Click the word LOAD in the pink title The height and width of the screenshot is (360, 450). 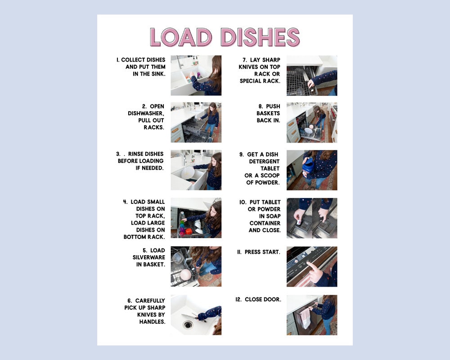(x=180, y=37)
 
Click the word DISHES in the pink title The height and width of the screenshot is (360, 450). (x=260, y=37)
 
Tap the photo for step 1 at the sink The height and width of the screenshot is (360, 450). (x=196, y=75)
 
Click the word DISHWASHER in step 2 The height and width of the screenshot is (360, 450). (x=146, y=113)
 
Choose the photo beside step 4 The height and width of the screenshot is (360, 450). (x=196, y=218)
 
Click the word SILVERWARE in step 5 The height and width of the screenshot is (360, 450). (x=148, y=257)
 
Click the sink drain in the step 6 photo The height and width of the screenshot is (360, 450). (x=188, y=324)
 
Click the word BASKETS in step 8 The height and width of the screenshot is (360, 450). (x=268, y=113)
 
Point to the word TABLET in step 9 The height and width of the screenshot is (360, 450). (x=270, y=168)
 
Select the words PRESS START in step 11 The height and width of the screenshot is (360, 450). (x=262, y=252)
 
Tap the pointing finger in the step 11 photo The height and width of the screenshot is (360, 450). (x=311, y=267)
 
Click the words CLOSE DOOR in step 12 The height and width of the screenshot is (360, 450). (x=263, y=299)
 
